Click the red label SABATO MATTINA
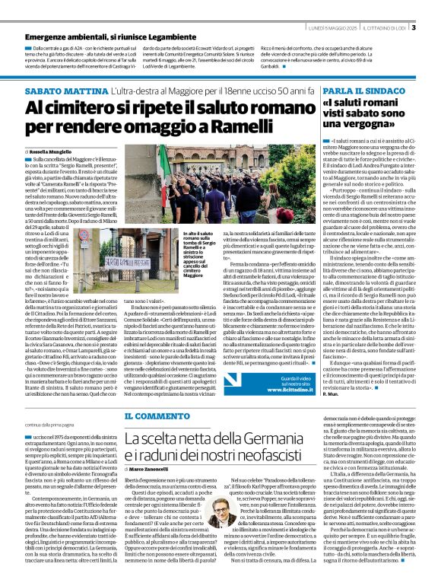point(58,91)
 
